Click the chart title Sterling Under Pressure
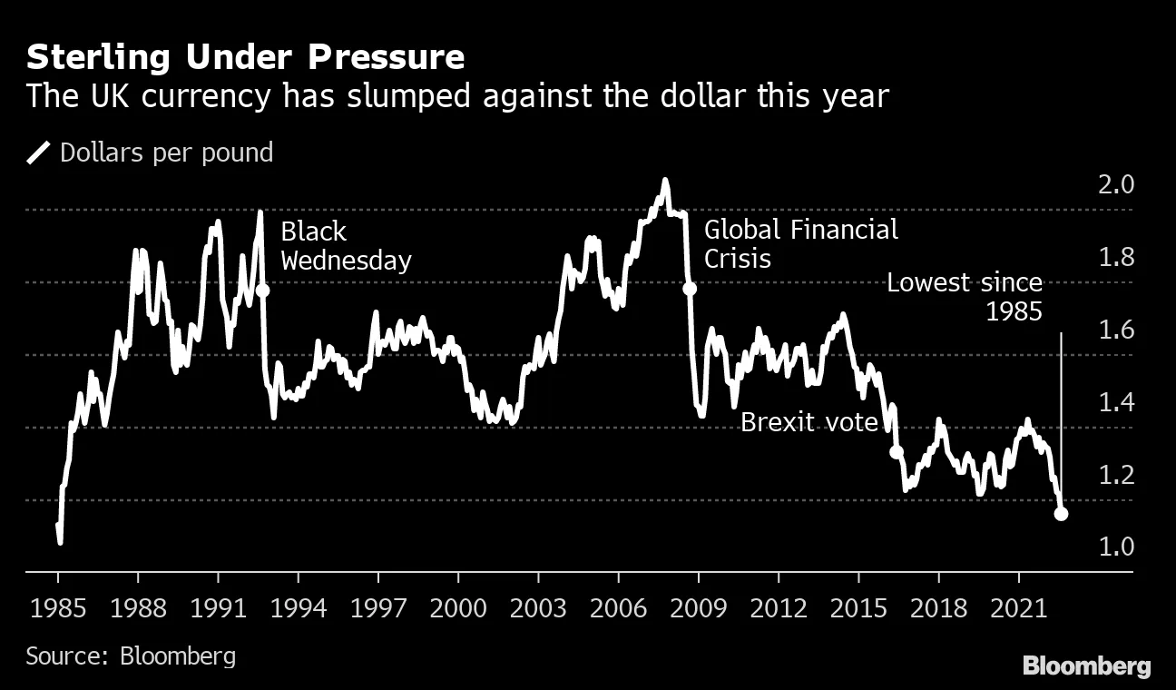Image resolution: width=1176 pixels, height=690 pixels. pyautogui.click(x=245, y=57)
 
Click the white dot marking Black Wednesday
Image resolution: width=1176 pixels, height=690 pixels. pyautogui.click(x=263, y=291)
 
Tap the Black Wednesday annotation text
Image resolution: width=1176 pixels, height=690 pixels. pyautogui.click(x=346, y=246)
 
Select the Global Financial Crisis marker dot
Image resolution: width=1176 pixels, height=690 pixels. pyautogui.click(x=690, y=289)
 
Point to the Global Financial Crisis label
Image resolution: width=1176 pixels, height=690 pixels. pyautogui.click(x=801, y=243)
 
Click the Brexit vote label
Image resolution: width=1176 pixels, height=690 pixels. pyautogui.click(x=809, y=422)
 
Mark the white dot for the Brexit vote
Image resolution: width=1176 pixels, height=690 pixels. pyautogui.click(x=897, y=451)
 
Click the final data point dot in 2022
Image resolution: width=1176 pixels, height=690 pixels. pyautogui.click(x=1061, y=514)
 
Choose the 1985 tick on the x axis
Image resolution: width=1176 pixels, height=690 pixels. pyautogui.click(x=57, y=607)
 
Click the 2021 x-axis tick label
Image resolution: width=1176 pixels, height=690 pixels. pyautogui.click(x=1017, y=607)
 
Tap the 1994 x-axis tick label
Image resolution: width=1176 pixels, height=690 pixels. pyautogui.click(x=298, y=607)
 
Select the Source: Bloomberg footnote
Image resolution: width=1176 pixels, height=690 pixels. pyautogui.click(x=131, y=655)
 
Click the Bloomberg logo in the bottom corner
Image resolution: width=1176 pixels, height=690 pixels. pyautogui.click(x=1086, y=666)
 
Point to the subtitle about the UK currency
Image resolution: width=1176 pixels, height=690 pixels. pyautogui.click(x=456, y=96)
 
